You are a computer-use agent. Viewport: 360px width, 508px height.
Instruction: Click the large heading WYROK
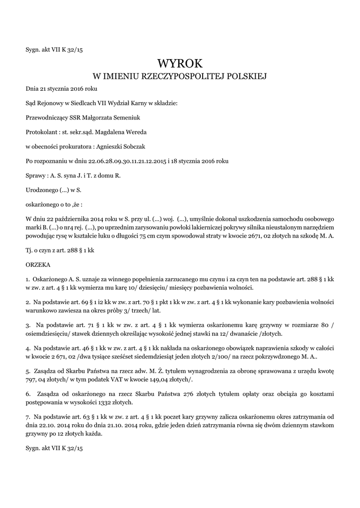point(180,63)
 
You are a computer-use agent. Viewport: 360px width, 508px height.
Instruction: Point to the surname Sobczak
point(132,147)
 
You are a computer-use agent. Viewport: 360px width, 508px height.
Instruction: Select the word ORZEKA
point(37,265)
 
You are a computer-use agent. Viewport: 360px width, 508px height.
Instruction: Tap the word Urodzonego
point(42,190)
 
